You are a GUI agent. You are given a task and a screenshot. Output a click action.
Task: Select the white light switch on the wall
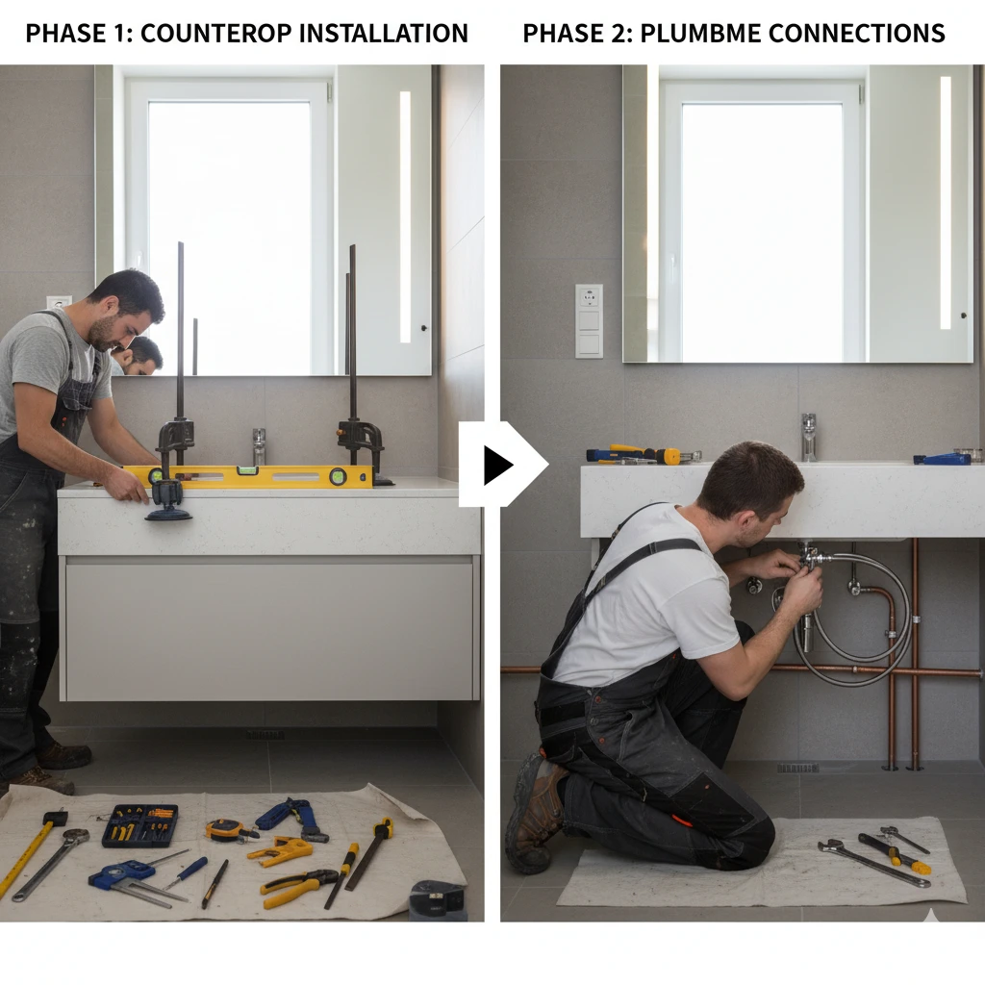589,320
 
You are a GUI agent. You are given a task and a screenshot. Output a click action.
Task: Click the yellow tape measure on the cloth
225,829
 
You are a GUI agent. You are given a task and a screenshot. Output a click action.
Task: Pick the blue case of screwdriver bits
140,825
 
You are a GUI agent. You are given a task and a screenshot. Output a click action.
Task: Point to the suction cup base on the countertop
168,511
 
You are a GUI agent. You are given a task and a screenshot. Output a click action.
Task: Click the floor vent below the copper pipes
796,768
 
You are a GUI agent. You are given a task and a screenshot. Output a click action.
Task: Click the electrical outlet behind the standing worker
59,302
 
